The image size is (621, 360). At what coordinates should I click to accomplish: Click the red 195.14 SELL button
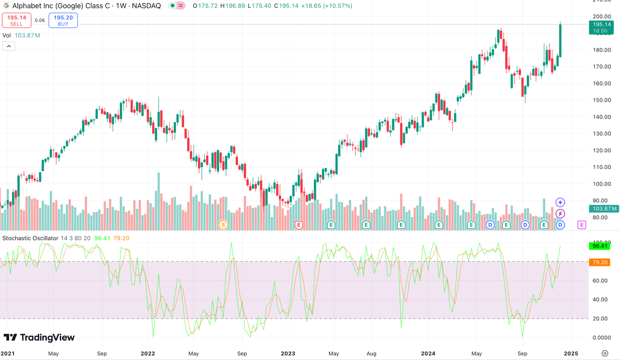coord(17,20)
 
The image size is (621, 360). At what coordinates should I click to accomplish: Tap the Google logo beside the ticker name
coord(6,6)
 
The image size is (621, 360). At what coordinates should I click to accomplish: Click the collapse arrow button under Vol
coord(9,46)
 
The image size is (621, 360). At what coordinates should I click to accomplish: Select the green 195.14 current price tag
coord(601,27)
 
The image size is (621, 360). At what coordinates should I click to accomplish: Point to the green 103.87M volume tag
coord(601,209)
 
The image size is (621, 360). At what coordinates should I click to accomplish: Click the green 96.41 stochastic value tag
coord(599,246)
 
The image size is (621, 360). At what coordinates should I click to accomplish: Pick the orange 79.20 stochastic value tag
coord(599,262)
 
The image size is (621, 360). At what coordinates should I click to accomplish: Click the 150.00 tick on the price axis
coord(602,100)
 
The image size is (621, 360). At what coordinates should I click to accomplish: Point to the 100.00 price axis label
coord(602,184)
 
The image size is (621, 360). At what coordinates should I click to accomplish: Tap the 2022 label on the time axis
coord(148,354)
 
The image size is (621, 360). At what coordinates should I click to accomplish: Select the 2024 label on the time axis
coord(428,354)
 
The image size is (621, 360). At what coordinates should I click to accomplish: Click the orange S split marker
coord(223,225)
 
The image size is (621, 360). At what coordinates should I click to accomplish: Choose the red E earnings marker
coord(299,225)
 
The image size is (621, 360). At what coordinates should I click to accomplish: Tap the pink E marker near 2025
coord(582,225)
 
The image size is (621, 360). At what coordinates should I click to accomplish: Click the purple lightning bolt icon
coord(560,214)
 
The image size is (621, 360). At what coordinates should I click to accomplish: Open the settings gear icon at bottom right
coord(605,354)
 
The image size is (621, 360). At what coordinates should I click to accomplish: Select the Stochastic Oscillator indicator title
coord(31,238)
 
